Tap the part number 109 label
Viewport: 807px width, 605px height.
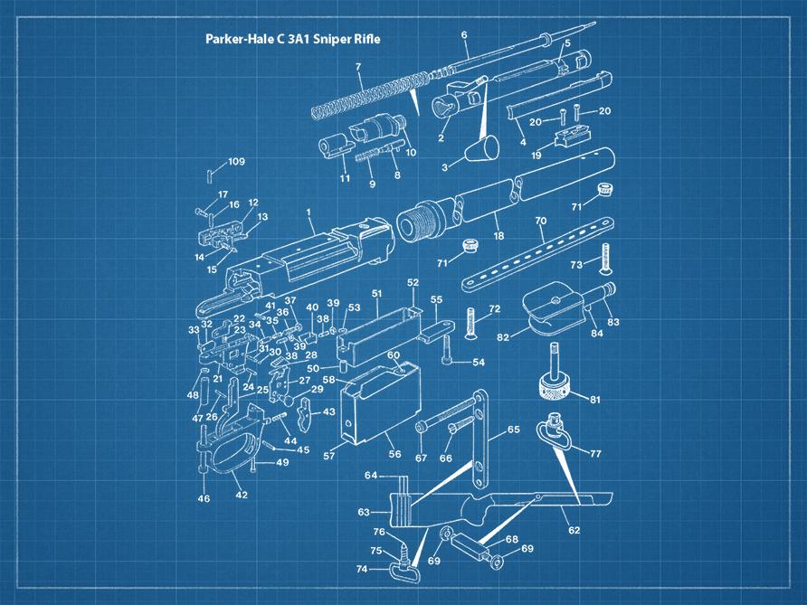[236, 162]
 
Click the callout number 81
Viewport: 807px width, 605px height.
[594, 400]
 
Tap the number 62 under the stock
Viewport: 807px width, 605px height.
[574, 531]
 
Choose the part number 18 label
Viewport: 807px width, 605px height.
[498, 236]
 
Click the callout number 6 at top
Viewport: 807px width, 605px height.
[464, 35]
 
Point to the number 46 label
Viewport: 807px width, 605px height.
[204, 498]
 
